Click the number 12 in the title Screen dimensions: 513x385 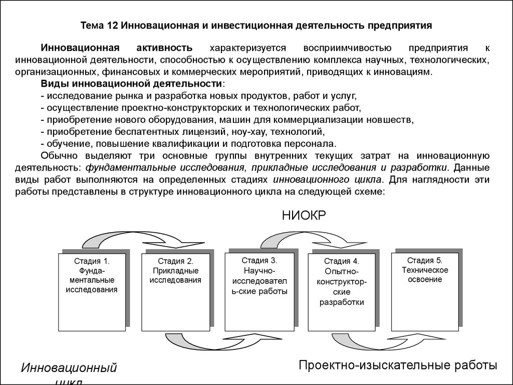point(113,26)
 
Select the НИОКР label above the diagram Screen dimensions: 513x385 point(304,216)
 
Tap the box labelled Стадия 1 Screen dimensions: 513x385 point(92,292)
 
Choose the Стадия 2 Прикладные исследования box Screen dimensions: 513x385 point(176,292)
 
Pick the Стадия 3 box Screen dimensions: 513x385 point(260,292)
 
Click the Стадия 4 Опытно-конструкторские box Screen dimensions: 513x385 point(342,292)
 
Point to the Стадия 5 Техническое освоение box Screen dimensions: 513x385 point(425,292)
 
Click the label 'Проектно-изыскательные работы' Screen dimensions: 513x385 point(398,365)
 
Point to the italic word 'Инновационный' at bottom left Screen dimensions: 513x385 point(69,367)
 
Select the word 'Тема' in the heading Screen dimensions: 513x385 point(92,26)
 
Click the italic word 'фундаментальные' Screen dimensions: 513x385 point(132,167)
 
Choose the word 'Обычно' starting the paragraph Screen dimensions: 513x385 point(59,156)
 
